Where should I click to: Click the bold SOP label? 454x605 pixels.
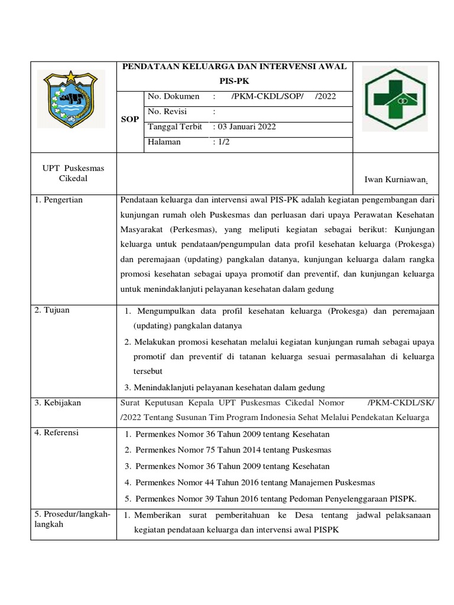130,119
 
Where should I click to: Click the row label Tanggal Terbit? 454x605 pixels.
175,127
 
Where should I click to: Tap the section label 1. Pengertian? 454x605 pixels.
59,200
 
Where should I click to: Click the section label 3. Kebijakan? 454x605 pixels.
58,403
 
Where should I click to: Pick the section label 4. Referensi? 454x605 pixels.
57,432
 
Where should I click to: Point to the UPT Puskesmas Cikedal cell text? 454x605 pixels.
73,173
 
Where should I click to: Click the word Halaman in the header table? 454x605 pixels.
164,142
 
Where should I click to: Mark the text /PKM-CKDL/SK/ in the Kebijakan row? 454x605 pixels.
401,403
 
